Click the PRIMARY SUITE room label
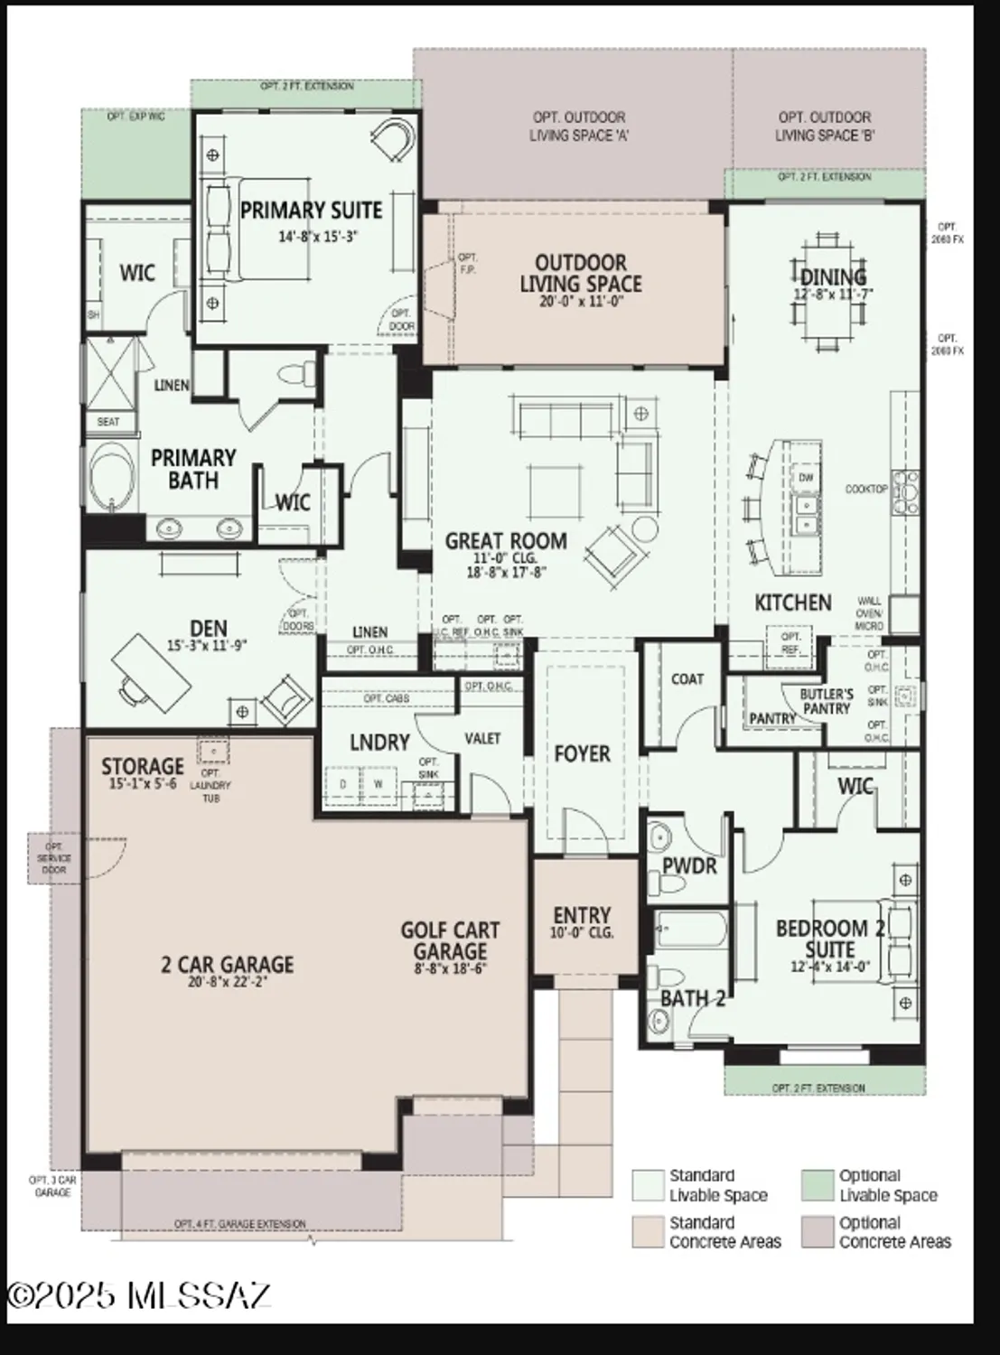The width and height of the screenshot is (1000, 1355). tap(311, 210)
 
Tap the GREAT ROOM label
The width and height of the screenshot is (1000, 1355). tap(506, 541)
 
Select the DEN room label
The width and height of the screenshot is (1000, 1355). tap(208, 628)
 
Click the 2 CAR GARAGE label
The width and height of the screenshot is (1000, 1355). tap(228, 964)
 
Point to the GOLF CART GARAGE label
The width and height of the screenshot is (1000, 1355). tap(450, 940)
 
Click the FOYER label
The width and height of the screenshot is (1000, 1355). tap(582, 753)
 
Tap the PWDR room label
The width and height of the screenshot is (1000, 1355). tap(689, 866)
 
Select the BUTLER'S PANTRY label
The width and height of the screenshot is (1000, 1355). tap(827, 702)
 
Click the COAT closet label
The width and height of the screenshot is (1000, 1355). tap(687, 679)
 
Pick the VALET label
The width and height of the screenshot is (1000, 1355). tap(482, 739)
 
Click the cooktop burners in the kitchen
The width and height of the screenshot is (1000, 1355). tap(905, 489)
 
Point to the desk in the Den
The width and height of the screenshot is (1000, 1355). tap(151, 667)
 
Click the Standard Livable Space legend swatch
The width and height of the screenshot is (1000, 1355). tap(647, 1185)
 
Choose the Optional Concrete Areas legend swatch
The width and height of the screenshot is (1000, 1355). tap(818, 1232)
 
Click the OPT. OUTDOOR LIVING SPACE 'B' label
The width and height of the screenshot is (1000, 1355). tap(824, 126)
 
